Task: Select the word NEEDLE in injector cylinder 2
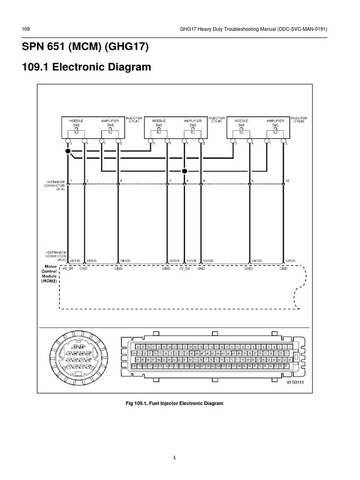coord(157,121)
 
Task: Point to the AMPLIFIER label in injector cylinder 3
coord(276,121)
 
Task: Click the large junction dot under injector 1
coord(68,151)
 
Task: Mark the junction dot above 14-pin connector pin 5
coord(185,171)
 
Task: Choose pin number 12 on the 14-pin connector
coord(287,180)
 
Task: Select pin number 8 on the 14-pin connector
coord(121,180)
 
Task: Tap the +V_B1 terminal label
coord(68,269)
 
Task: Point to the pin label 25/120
coord(74,261)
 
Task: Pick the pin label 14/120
coord(126,261)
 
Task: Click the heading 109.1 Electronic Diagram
coord(87,67)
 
